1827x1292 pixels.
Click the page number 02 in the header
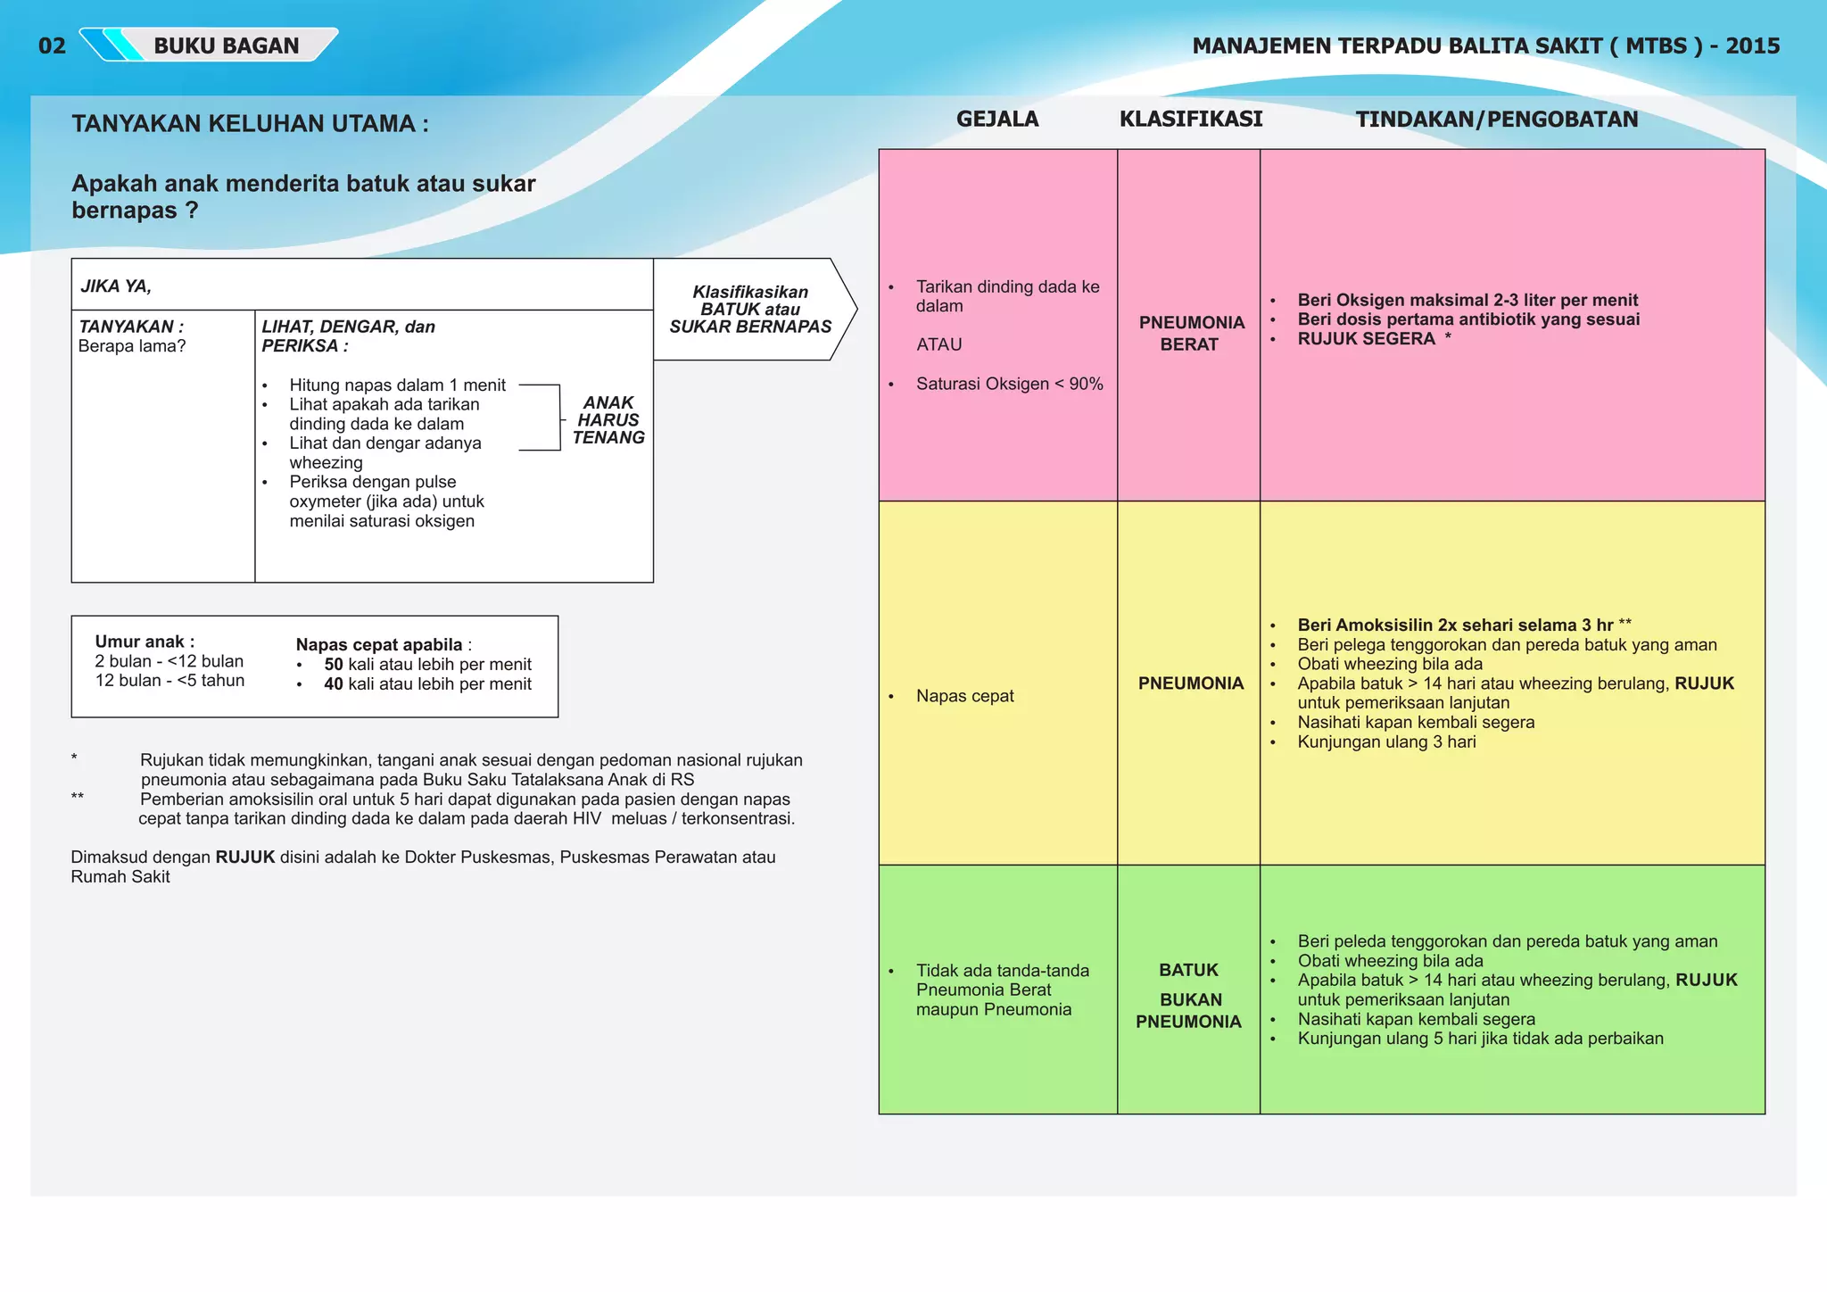[x=52, y=46]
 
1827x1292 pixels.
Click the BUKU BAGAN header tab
[x=226, y=46]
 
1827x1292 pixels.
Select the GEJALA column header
[x=996, y=119]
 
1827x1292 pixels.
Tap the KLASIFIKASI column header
[x=1190, y=119]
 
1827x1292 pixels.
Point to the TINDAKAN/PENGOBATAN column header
[x=1496, y=120]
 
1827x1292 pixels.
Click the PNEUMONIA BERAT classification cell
[x=1190, y=333]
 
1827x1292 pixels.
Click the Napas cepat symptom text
[x=964, y=696]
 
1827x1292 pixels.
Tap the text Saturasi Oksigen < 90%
[x=1009, y=384]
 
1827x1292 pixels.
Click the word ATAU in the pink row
[x=938, y=344]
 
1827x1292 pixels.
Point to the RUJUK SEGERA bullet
[x=1366, y=339]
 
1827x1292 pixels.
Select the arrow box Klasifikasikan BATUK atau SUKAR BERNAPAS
[x=750, y=310]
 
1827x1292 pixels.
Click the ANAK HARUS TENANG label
[x=608, y=420]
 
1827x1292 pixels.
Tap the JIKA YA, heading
[x=116, y=286]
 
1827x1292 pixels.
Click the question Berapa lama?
[x=132, y=346]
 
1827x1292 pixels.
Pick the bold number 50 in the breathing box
[x=333, y=665]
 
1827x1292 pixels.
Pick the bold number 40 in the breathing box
[x=333, y=684]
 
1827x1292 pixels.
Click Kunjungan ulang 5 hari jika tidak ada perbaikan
[x=1480, y=1039]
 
